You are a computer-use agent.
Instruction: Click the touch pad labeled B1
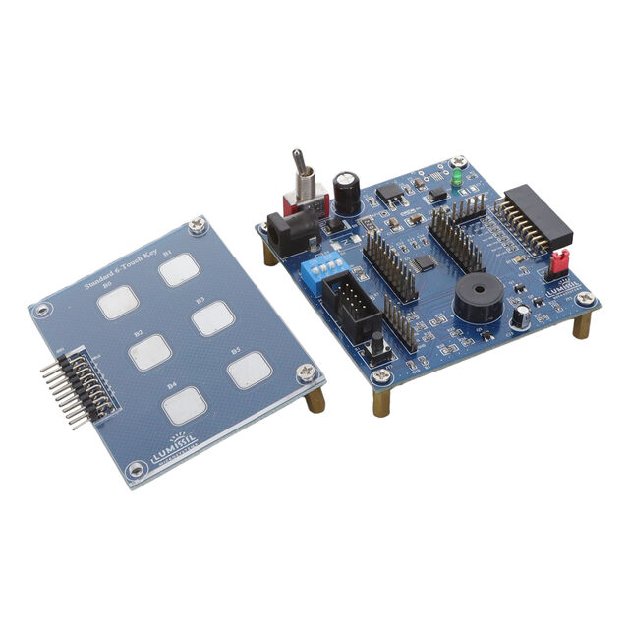pyautogui.click(x=180, y=269)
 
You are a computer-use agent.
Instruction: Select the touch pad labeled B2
pyautogui.click(x=150, y=352)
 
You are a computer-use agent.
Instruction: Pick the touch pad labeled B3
pyautogui.click(x=212, y=317)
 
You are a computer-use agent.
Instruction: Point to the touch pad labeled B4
pyautogui.click(x=185, y=404)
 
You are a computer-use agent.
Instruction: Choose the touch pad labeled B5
pyautogui.click(x=249, y=370)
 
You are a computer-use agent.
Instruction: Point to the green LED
pyautogui.click(x=457, y=180)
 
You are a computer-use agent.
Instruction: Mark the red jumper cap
pyautogui.click(x=559, y=262)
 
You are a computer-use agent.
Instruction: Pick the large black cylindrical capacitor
pyautogui.click(x=346, y=194)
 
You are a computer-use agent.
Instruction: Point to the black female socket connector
pyautogui.click(x=536, y=217)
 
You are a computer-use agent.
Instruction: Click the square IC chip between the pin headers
pyautogui.click(x=424, y=263)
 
